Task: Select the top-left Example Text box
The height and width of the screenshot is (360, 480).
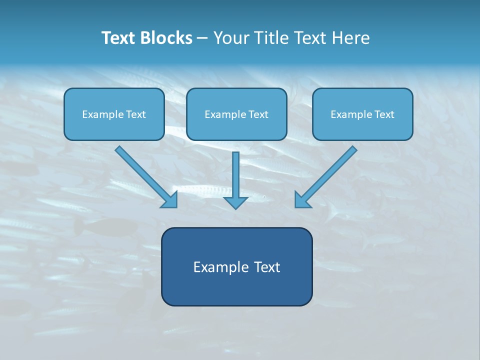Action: point(114,114)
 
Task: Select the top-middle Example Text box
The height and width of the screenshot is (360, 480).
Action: point(236,114)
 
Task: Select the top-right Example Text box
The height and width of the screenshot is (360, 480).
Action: point(362,114)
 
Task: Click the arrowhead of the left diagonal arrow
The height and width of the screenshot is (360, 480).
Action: point(170,200)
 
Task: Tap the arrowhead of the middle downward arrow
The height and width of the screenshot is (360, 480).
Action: point(235,202)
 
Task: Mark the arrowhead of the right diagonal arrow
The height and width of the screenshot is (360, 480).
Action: point(302,200)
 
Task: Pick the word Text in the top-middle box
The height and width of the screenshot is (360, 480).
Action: point(258,114)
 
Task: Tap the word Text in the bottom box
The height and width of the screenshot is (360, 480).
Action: point(267,267)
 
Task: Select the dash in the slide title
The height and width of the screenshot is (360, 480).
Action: point(202,38)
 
